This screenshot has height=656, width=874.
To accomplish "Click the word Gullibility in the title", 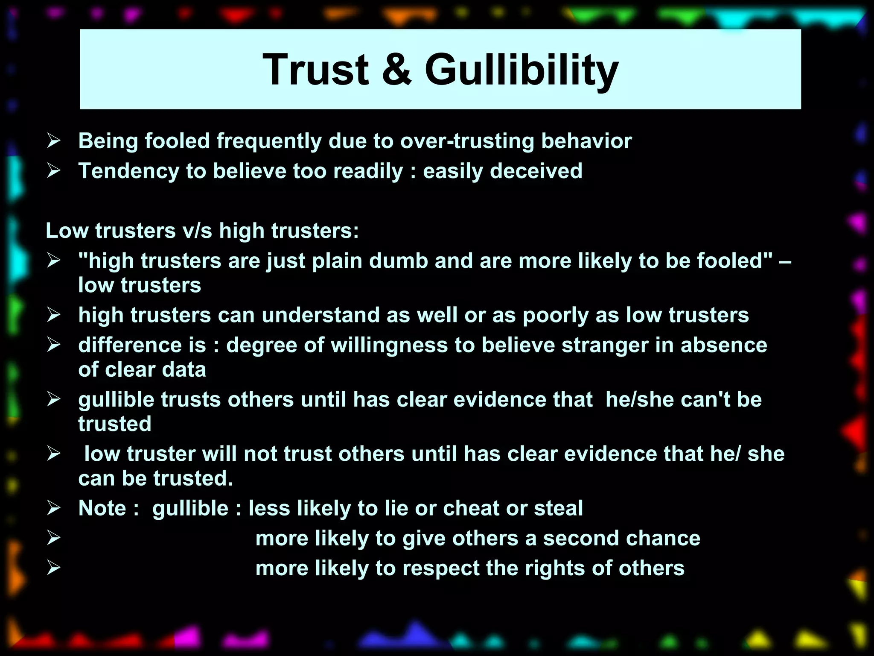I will click(x=521, y=70).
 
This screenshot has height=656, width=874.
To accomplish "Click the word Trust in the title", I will click(x=315, y=70).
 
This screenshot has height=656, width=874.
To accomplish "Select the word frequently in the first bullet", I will click(x=269, y=141).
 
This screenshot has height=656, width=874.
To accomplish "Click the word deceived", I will click(x=536, y=171).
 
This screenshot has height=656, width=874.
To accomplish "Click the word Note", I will click(x=102, y=509).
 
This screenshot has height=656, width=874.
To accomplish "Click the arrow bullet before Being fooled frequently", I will click(x=54, y=141).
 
